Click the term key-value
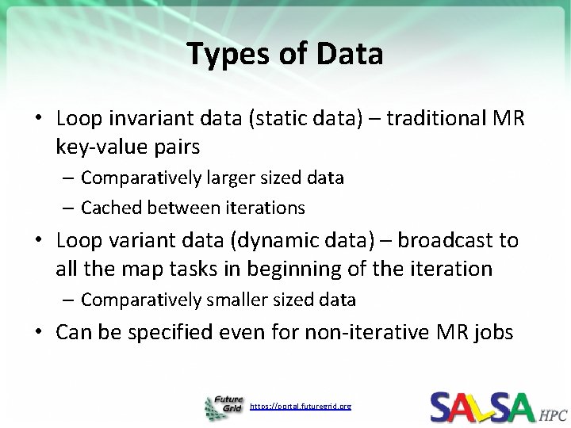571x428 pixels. click(100, 146)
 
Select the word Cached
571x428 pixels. click(108, 208)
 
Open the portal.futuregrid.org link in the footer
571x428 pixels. click(300, 406)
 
